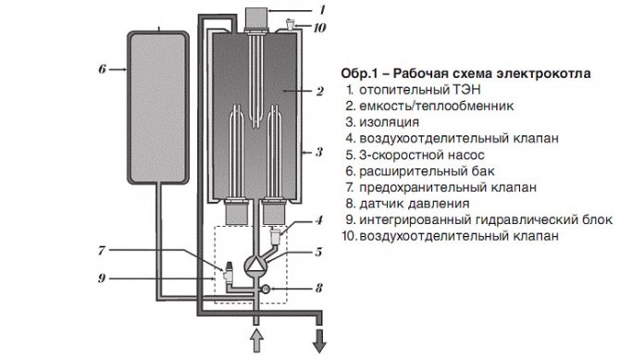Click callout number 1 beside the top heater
pyautogui.click(x=322, y=9)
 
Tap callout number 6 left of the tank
pyautogui.click(x=102, y=69)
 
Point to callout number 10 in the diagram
pyautogui.click(x=319, y=28)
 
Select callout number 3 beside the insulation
pyautogui.click(x=318, y=152)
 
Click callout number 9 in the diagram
pyautogui.click(x=102, y=279)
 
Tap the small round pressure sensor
pyautogui.click(x=266, y=289)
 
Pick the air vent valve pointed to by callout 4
pyautogui.click(x=275, y=235)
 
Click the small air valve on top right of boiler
pyautogui.click(x=291, y=24)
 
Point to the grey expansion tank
pyautogui.click(x=157, y=107)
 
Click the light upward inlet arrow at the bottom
pyautogui.click(x=256, y=341)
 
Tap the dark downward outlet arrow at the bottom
pyautogui.click(x=319, y=341)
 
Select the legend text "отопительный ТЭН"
pyautogui.click(x=420, y=90)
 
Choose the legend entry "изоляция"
pyautogui.click(x=389, y=122)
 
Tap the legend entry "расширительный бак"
pyautogui.click(x=427, y=171)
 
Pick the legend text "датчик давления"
pyautogui.click(x=414, y=204)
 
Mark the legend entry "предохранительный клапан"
pyautogui.click(x=448, y=188)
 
